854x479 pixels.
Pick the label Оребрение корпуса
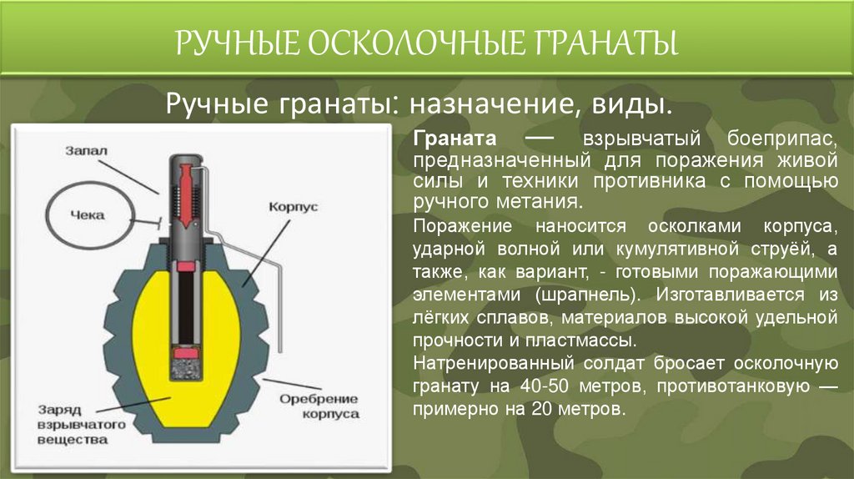point(319,406)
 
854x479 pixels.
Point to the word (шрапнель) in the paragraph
point(590,295)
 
